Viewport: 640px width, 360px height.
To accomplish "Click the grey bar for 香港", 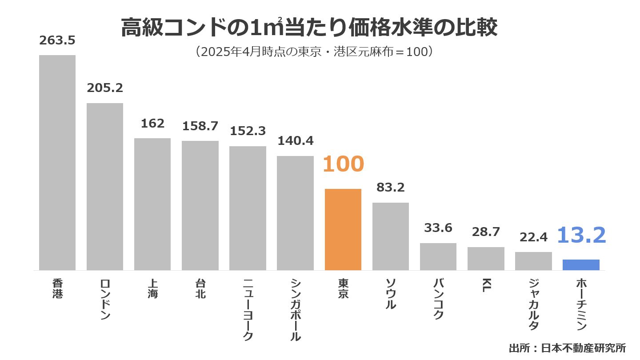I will tap(57, 163).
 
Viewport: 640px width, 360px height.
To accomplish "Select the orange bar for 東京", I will tap(343, 229).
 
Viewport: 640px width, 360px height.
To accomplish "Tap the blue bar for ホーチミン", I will tap(581, 265).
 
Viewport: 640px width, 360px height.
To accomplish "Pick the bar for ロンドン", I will tap(105, 187).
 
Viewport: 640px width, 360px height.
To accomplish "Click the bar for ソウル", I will tap(390, 236).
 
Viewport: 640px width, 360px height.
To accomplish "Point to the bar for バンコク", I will tap(438, 256).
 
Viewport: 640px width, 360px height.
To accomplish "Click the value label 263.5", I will tap(57, 40).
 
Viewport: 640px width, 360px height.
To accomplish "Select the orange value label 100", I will tap(343, 164).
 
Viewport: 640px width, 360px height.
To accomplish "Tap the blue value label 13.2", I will tap(581, 235).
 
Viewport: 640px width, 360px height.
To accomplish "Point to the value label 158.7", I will tap(200, 126).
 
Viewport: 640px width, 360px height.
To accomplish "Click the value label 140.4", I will tap(295, 141).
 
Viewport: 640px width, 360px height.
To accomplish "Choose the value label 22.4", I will tap(533, 237).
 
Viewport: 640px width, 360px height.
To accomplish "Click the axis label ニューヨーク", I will tap(248, 310).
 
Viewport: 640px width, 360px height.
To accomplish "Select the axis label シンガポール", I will tap(295, 310).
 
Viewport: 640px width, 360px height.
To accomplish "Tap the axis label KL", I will tap(486, 286).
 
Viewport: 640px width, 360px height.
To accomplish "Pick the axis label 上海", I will tap(152, 288).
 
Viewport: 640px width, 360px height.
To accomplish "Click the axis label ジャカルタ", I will tap(533, 304).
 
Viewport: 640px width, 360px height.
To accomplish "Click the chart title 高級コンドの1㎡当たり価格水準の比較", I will tap(309, 28).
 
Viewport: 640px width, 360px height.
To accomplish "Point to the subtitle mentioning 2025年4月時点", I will tap(314, 52).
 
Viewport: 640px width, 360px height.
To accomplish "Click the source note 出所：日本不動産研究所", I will tap(567, 348).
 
